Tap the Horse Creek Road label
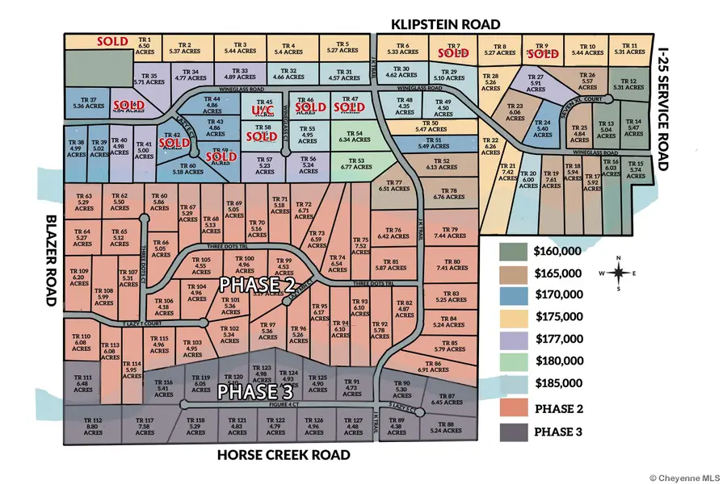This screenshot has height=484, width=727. (284, 455)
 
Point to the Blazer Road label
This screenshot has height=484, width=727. (48, 260)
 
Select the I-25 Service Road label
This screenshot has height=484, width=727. (664, 107)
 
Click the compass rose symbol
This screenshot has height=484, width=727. (618, 273)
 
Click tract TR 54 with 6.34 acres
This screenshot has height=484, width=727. (356, 136)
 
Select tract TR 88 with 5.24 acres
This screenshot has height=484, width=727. (446, 428)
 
